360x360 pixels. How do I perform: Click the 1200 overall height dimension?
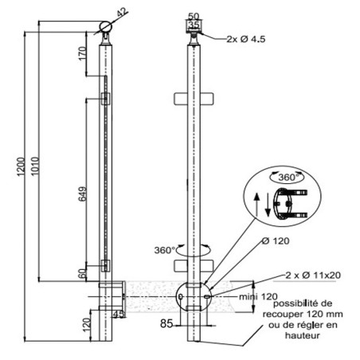(x=21, y=166)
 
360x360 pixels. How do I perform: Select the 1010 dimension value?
(x=35, y=166)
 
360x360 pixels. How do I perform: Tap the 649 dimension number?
(x=83, y=194)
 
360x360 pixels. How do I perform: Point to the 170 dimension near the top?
(x=83, y=53)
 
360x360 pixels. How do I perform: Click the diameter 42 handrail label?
(x=122, y=13)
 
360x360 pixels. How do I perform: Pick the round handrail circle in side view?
(x=106, y=27)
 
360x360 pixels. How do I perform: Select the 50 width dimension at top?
(x=194, y=16)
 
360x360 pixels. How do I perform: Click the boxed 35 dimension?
(x=194, y=25)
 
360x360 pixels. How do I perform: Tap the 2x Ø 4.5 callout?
(x=246, y=39)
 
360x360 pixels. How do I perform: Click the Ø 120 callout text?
(x=276, y=241)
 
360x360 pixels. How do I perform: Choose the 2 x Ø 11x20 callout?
(x=313, y=275)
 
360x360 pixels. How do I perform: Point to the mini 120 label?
(x=258, y=296)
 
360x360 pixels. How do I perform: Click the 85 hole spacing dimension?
(x=166, y=323)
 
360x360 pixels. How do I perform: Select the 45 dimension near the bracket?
(x=119, y=315)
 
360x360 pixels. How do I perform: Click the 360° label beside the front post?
(x=165, y=250)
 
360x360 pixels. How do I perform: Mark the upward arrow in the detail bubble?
(x=256, y=205)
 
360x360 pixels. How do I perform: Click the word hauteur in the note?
(x=303, y=335)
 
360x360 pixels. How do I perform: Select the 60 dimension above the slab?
(x=83, y=273)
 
